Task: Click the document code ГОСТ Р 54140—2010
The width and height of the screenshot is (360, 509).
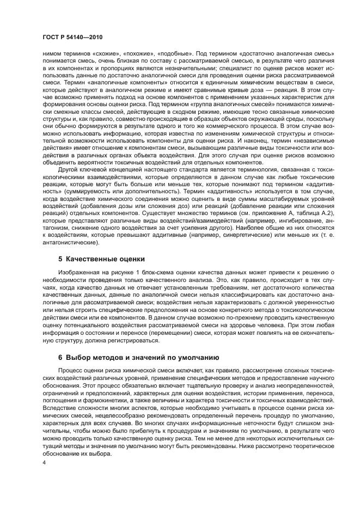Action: point(72,36)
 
